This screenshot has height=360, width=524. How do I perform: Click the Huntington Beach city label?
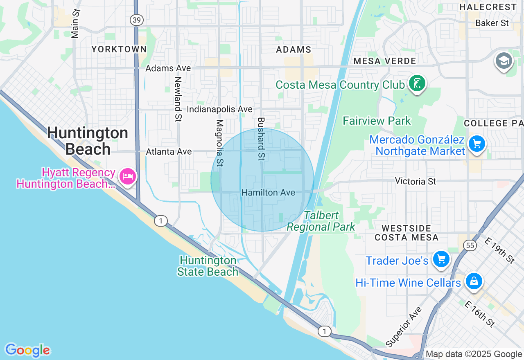[x=87, y=141]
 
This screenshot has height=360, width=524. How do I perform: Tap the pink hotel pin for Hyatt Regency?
[x=128, y=177]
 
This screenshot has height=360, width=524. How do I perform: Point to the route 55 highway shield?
[x=469, y=245]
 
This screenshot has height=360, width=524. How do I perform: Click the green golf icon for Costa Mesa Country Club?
[x=417, y=83]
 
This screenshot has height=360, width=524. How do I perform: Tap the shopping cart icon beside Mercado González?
[x=477, y=144]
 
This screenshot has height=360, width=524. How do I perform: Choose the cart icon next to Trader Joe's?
[x=441, y=259]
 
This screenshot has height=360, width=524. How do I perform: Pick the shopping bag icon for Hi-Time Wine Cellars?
[x=474, y=281]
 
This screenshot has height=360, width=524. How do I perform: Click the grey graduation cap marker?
[x=504, y=61]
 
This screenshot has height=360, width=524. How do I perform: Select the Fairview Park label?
[x=377, y=121]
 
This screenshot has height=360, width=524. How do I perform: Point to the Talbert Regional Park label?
[x=321, y=221]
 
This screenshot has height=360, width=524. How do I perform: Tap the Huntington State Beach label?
[x=208, y=266]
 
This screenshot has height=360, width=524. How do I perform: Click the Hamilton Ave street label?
[x=268, y=192]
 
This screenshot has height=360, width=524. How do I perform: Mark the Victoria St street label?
[x=416, y=181]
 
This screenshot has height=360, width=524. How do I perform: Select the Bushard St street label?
[x=261, y=139]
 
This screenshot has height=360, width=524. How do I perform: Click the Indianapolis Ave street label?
[x=219, y=109]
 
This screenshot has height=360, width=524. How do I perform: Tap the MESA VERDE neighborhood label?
[x=384, y=61]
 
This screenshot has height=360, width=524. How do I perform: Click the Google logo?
[x=27, y=350]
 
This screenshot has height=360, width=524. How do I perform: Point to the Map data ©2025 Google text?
[x=474, y=354]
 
